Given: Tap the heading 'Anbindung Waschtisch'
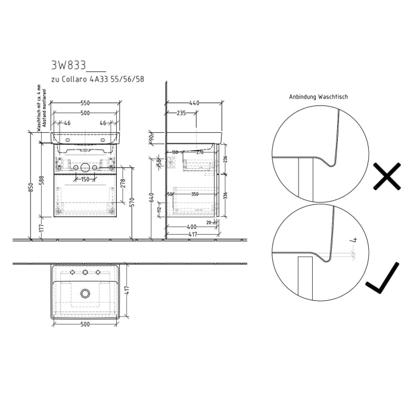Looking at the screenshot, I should click(318, 97).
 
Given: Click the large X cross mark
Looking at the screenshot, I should click(387, 178).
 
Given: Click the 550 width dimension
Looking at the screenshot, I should click(86, 103).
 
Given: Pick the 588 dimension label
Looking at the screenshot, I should click(41, 181).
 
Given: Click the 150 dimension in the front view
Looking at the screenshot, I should click(85, 179).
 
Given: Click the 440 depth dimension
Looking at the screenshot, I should click(195, 103).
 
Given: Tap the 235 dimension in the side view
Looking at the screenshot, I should click(181, 112).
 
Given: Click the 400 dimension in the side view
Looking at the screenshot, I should click(191, 228).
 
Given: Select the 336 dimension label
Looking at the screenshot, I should click(225, 195).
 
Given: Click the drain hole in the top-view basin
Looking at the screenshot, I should click(85, 293).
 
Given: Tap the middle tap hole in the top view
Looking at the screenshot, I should click(85, 273).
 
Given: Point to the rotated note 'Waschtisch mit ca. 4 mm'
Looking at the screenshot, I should click(38, 107).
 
